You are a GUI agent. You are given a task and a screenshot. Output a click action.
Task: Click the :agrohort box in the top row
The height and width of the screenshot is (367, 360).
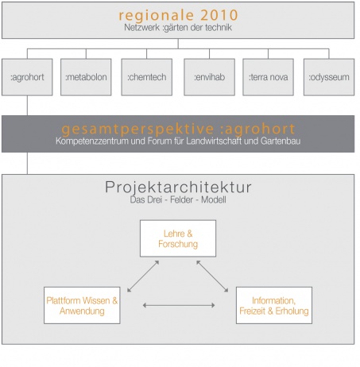click(x=27, y=77)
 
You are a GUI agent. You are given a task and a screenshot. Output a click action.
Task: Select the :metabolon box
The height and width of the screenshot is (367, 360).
click(x=86, y=77)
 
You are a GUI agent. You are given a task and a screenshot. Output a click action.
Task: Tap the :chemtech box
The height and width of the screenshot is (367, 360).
click(x=147, y=77)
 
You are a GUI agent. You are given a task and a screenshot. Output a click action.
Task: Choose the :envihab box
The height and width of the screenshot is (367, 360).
click(x=209, y=77)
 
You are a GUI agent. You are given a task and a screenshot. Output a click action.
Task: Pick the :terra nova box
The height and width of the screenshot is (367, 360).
click(x=268, y=77)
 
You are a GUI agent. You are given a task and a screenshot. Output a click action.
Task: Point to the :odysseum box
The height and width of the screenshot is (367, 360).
click(x=329, y=77)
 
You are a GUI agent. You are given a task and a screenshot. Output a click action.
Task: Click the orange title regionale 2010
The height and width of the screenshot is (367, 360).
click(x=178, y=15)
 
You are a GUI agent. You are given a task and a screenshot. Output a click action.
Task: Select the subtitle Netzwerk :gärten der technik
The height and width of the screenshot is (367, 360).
click(x=178, y=28)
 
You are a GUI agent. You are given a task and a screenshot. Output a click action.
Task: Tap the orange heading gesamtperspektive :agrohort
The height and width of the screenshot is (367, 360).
click(x=178, y=129)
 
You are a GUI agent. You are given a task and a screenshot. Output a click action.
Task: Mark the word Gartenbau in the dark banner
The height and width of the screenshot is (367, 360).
click(x=281, y=141)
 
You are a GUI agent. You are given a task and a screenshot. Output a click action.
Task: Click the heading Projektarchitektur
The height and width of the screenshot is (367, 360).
click(x=178, y=187)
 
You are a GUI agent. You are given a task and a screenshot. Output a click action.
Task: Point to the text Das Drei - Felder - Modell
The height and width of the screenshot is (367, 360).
click(x=178, y=199)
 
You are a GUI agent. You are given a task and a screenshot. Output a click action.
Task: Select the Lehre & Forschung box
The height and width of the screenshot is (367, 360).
click(x=178, y=238)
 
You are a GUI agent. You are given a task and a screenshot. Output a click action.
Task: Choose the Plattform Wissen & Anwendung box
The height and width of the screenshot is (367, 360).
click(x=82, y=305)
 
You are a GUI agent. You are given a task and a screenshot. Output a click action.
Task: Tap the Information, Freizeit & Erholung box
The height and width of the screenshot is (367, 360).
click(x=274, y=305)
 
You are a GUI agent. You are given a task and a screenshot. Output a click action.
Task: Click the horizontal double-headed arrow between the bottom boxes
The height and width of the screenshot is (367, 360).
click(x=179, y=305)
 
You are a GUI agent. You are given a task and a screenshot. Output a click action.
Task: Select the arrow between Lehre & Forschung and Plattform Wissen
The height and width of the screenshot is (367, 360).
click(x=143, y=276)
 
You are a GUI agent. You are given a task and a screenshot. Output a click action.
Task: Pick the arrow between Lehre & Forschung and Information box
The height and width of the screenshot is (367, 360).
click(x=212, y=276)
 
